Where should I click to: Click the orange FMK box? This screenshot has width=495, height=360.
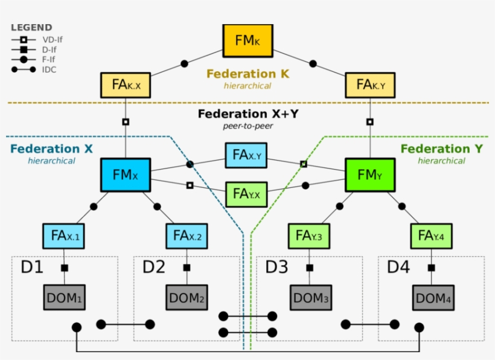(x=248, y=41)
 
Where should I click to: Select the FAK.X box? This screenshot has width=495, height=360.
(x=125, y=85)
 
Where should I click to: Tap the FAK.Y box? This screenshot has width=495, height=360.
(x=370, y=85)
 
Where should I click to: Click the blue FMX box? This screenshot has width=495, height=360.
(x=125, y=175)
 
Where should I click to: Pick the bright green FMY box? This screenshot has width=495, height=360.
(x=370, y=175)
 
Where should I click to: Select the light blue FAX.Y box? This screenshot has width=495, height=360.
(x=246, y=156)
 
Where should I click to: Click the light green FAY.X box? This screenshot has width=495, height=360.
(x=246, y=194)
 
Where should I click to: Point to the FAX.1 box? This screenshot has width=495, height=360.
(x=63, y=236)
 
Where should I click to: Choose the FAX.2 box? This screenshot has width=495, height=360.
(x=187, y=236)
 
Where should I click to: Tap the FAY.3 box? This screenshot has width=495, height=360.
(x=308, y=236)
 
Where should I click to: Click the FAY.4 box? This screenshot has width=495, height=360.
(x=431, y=236)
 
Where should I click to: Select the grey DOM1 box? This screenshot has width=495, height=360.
(x=64, y=297)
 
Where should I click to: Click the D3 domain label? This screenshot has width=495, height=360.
(x=277, y=266)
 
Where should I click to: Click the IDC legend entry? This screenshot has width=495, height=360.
(x=49, y=70)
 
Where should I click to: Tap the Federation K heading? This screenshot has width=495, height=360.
(x=247, y=74)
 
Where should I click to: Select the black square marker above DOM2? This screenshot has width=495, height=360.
(x=187, y=268)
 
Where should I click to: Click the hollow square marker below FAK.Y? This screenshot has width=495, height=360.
(x=370, y=121)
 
